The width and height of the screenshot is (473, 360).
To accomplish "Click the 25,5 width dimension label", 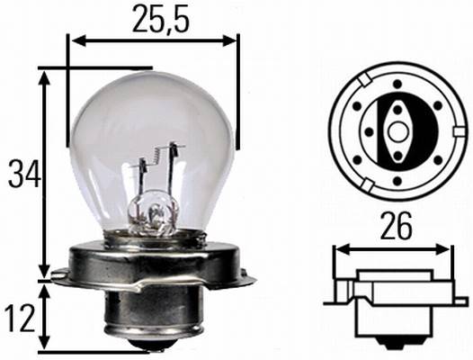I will click(x=154, y=18).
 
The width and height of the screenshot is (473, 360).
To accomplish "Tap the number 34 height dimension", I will click(x=20, y=173).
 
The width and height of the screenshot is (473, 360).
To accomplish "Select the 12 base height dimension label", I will click(x=20, y=316).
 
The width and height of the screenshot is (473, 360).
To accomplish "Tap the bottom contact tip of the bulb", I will click(x=150, y=346).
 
